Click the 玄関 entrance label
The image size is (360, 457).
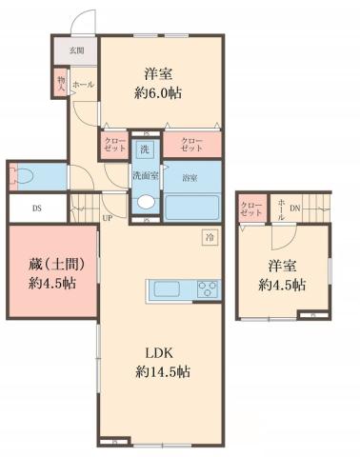[x=75, y=50]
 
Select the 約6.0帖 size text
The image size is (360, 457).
[x=160, y=92]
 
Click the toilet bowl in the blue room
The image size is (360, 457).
[x=23, y=177]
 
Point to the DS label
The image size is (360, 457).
[x=36, y=208]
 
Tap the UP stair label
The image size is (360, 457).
[x=107, y=217]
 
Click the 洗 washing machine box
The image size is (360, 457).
[x=145, y=149]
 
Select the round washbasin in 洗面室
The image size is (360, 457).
[x=145, y=201]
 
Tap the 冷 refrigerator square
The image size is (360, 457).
[x=209, y=236]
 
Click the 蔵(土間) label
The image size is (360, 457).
[x=53, y=264]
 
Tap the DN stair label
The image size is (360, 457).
[x=295, y=208]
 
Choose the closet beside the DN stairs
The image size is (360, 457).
[x=251, y=209]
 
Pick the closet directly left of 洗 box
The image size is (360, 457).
[x=114, y=148]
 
